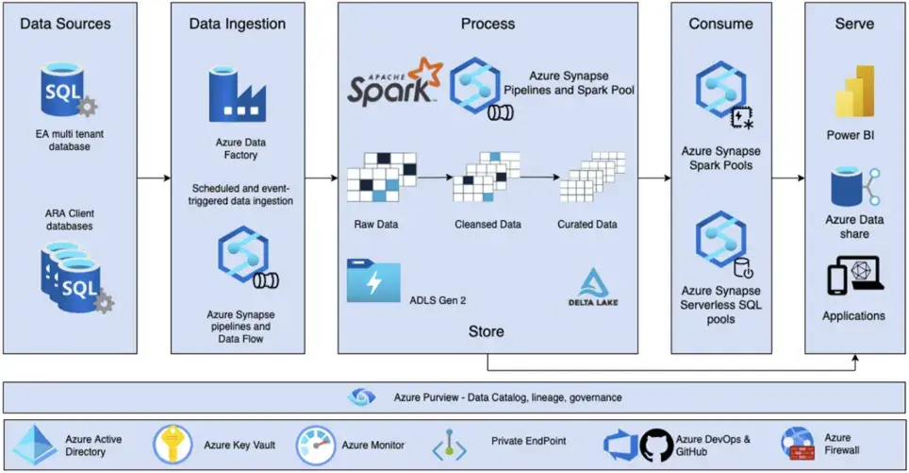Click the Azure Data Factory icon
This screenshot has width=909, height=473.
click(238, 94)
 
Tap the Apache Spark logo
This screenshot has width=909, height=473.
click(395, 81)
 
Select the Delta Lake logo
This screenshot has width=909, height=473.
click(593, 287)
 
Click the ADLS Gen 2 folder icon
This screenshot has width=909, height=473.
click(373, 281)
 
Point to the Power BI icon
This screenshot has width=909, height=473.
click(854, 92)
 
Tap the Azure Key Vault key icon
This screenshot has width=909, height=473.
click(173, 445)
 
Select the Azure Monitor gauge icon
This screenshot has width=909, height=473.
click(316, 445)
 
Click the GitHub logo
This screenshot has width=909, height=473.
click(657, 445)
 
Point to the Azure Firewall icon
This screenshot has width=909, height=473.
click(798, 444)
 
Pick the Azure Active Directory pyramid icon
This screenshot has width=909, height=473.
click(35, 445)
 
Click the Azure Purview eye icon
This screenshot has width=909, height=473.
click(361, 397)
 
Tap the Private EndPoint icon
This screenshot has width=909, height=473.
click(449, 446)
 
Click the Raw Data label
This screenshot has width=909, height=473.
click(376, 224)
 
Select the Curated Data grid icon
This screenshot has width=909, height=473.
click(592, 177)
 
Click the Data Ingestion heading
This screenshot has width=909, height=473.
click(238, 24)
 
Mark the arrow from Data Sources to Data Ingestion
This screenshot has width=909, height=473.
click(154, 177)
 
